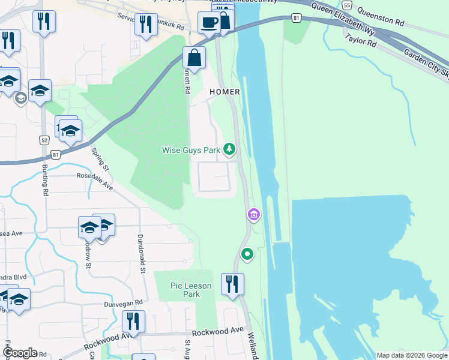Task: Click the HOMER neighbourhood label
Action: click(224, 92)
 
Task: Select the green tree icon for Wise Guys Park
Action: click(229, 149)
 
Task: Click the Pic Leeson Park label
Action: click(191, 290)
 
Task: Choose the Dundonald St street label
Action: click(143, 254)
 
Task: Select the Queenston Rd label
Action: click(379, 16)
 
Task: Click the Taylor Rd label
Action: click(360, 40)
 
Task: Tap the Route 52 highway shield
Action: click(44, 140)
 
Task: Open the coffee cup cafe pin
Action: click(208, 23)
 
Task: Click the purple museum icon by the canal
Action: click(253, 214)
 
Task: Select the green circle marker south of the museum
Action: click(247, 255)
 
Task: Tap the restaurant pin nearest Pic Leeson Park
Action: click(232, 283)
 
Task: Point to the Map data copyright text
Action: click(412, 355)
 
